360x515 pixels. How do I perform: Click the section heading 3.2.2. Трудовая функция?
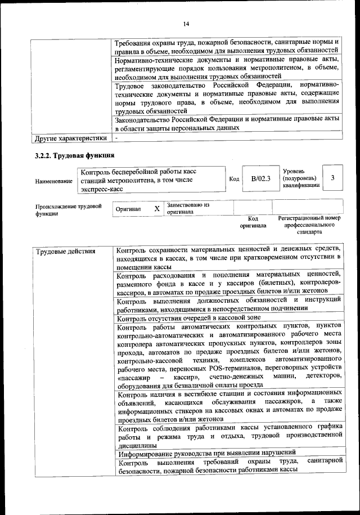74,156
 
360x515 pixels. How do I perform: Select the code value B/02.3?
260,178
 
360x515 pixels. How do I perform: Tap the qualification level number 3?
333,178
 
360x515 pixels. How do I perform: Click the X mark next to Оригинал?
157,208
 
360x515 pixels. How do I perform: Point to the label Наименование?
54,181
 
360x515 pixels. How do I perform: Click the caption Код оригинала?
253,222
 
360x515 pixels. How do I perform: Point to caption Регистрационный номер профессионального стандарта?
309,224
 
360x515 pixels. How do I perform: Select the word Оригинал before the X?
128,209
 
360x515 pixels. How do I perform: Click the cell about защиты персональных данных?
227,123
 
